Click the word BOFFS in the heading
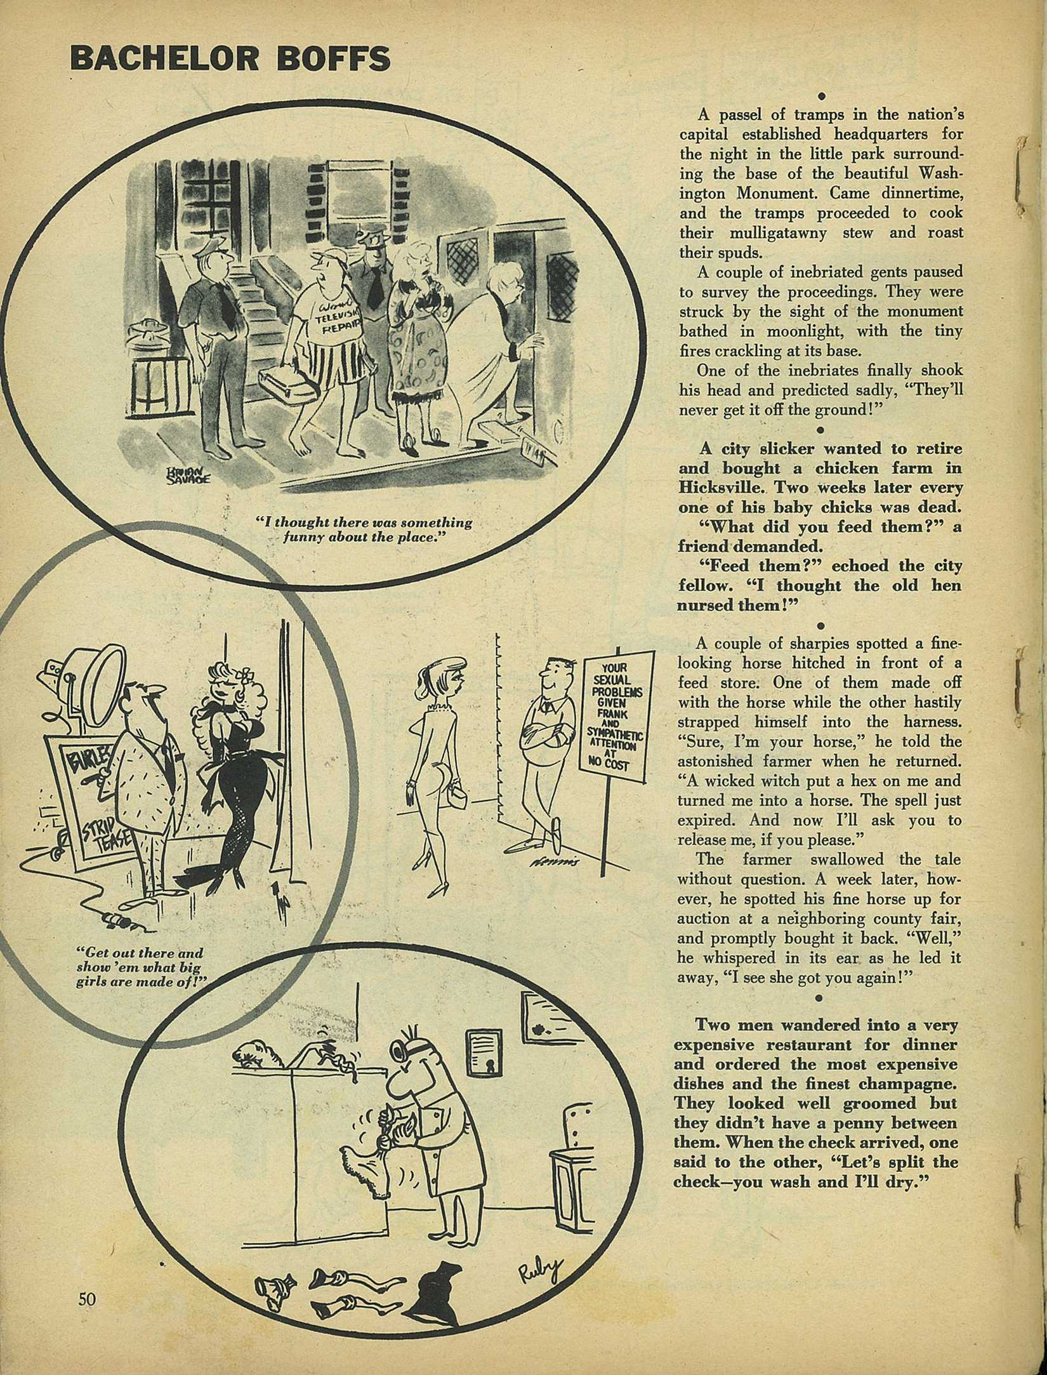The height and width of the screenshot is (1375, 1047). pyautogui.click(x=329, y=58)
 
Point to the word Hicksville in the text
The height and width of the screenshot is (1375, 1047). pyautogui.click(x=725, y=488)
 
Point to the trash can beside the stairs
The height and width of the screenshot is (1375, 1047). pyautogui.click(x=147, y=343)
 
